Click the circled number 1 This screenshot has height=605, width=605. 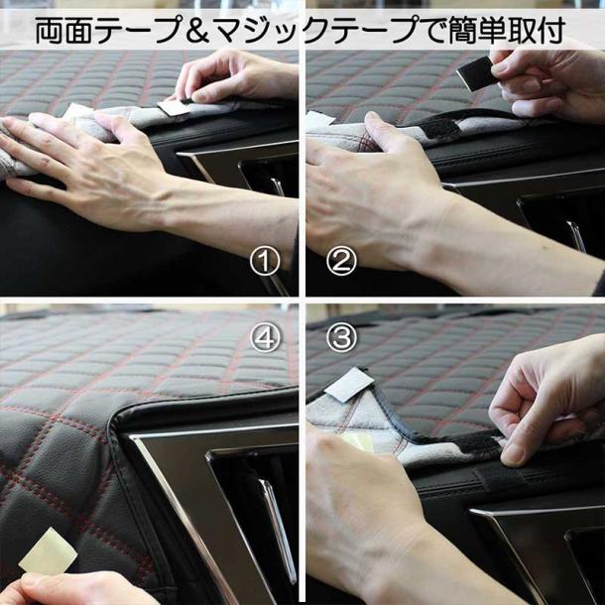pos(264,262)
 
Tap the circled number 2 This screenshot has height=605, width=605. pos(341,262)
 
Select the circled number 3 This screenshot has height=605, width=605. pos(341,337)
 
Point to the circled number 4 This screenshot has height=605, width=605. pos(264,337)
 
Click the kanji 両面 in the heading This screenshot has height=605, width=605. pos(64,31)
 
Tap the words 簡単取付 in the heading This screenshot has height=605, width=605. pos(507,31)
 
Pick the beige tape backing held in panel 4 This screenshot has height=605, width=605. pos(48,551)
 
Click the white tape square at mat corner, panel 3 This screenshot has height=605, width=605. pos(349,385)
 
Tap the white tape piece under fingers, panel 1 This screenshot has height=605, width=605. pos(174,108)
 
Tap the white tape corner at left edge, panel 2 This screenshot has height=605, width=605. pos(318,119)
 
